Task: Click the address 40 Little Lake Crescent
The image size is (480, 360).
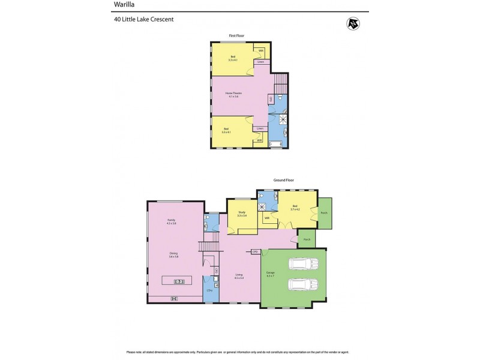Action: pos(143,19)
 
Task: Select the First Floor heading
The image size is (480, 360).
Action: pos(236,36)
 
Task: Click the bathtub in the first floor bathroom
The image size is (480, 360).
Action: pos(277,144)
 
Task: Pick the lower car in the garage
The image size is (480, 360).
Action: pos(301,284)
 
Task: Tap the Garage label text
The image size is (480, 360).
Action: pos(270,274)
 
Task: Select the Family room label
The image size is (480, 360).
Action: pos(171,221)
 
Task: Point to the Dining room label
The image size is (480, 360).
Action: pos(173,254)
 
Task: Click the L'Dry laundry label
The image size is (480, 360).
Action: pos(209,290)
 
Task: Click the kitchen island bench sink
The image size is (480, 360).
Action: pos(179,281)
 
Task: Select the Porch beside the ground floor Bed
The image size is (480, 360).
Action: pos(324,213)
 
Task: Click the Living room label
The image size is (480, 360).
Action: pos(239,276)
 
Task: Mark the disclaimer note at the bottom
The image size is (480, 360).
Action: pos(240,352)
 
